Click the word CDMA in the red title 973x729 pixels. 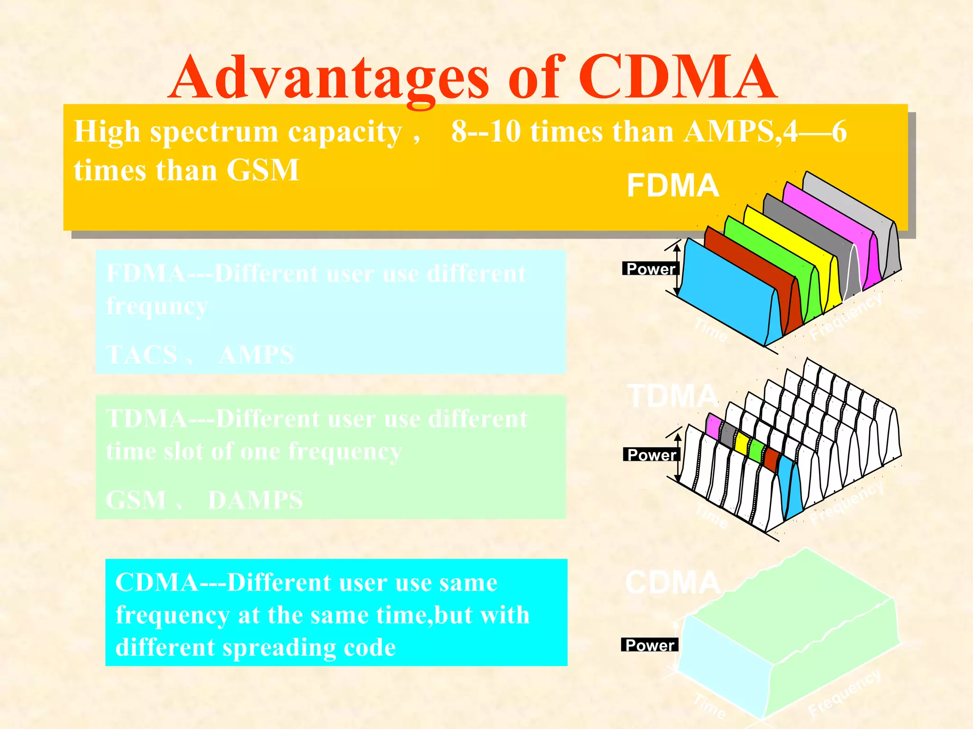(677, 77)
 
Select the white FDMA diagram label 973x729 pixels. (672, 186)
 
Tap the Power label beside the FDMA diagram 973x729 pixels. (650, 269)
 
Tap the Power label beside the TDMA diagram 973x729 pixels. (651, 455)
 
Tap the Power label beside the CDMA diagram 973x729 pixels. (649, 645)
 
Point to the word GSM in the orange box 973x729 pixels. (262, 170)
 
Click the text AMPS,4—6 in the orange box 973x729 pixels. (765, 131)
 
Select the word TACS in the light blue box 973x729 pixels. (142, 355)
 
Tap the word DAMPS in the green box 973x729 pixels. (256, 500)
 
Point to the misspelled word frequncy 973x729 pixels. (157, 306)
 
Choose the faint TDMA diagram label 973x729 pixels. (672, 396)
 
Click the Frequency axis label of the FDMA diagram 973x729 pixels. (846, 317)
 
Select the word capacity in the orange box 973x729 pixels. (345, 131)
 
